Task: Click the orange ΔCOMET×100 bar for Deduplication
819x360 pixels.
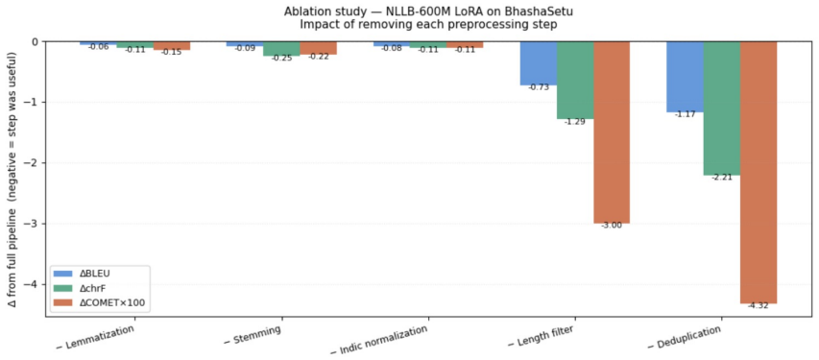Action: (759, 172)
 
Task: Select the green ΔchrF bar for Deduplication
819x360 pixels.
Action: (722, 108)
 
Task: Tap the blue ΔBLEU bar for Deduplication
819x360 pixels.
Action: (685, 77)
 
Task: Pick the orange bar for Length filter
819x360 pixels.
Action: (612, 132)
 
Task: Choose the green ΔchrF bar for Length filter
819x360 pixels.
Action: (575, 80)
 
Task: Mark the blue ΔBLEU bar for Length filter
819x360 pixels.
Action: (538, 63)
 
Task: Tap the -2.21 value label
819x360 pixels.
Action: (722, 178)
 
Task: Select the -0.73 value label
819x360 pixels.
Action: (538, 87)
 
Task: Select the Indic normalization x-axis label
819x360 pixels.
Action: (381, 339)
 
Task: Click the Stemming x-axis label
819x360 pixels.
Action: (253, 336)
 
